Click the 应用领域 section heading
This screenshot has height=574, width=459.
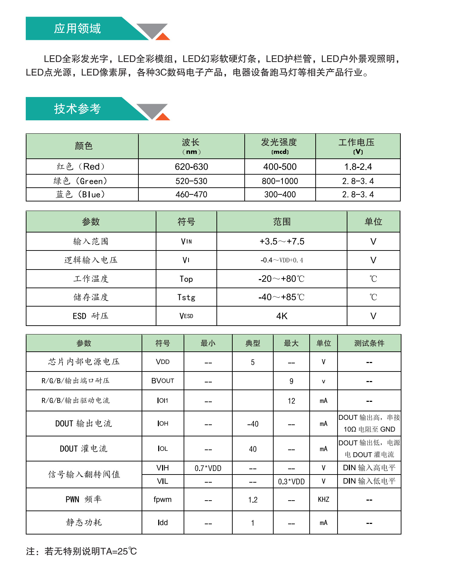77,29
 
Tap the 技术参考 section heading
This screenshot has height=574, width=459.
77,109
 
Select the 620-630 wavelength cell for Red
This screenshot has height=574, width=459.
191,167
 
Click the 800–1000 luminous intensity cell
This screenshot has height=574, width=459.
280,181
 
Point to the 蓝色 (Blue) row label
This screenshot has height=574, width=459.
81,194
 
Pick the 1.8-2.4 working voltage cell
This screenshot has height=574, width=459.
358,167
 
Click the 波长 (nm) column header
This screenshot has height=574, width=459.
191,146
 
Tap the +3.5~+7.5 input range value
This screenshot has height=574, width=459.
282,241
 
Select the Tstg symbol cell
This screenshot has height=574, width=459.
186,297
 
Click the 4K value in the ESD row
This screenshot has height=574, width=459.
282,316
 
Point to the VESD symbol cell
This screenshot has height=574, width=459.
186,316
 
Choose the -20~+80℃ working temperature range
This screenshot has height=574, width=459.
281,279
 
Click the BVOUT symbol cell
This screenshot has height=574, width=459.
163,381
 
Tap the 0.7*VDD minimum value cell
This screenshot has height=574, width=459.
208,468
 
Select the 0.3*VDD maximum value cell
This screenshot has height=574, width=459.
291,482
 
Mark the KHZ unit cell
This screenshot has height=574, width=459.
323,499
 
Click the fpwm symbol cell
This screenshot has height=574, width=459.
162,499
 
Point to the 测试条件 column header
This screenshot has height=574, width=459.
369,343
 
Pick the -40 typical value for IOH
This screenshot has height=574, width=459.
253,424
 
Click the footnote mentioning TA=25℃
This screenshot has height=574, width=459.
81,551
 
